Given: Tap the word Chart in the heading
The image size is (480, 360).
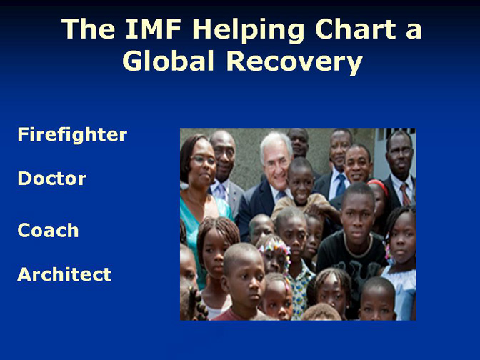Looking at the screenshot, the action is pyautogui.click(x=356, y=29).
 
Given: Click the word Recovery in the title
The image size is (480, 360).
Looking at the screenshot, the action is pyautogui.click(x=294, y=63).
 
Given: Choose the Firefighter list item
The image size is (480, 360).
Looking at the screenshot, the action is pyautogui.click(x=72, y=135).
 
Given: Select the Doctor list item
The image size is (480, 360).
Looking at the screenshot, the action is pyautogui.click(x=51, y=179).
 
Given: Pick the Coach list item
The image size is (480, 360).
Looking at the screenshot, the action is pyautogui.click(x=48, y=230).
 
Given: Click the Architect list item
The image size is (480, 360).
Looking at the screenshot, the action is pyautogui.click(x=64, y=274).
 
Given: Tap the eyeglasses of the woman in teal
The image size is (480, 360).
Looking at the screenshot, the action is pyautogui.click(x=204, y=159).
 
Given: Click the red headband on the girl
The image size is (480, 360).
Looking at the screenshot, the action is pyautogui.click(x=379, y=186).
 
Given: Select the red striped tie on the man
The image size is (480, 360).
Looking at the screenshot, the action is pyautogui.click(x=405, y=194).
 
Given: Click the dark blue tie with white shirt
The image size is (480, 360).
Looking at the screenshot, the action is pyautogui.click(x=341, y=186).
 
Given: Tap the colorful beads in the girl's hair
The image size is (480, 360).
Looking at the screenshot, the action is pyautogui.click(x=275, y=249).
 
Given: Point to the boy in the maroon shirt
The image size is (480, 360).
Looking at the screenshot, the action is pyautogui.click(x=244, y=283).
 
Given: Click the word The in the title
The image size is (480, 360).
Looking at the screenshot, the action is pyautogui.click(x=88, y=29).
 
